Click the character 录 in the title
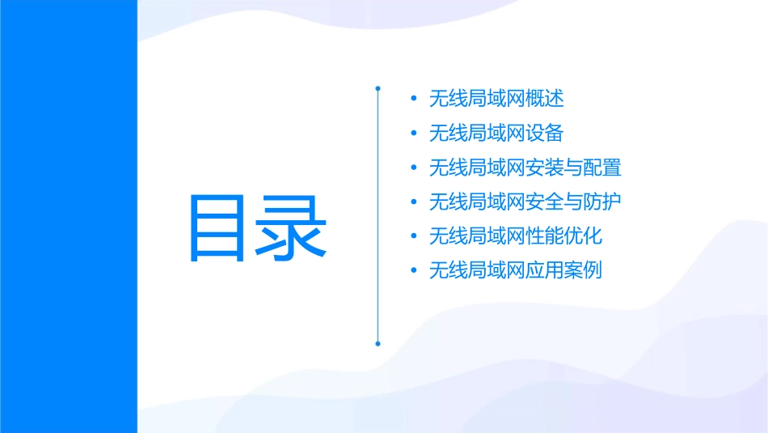(293, 227)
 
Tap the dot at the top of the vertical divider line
(378, 87)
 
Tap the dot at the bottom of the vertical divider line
(378, 343)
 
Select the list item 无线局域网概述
(496, 99)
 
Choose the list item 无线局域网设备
(496, 133)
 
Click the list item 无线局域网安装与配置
(525, 168)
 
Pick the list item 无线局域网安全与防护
(525, 202)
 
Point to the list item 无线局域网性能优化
(516, 236)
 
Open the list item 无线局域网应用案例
(516, 270)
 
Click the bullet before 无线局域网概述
(414, 100)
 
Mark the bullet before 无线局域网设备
(414, 134)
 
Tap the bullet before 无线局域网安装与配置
(414, 168)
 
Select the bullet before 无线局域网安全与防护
(414, 202)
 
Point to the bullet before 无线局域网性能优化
(414, 237)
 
